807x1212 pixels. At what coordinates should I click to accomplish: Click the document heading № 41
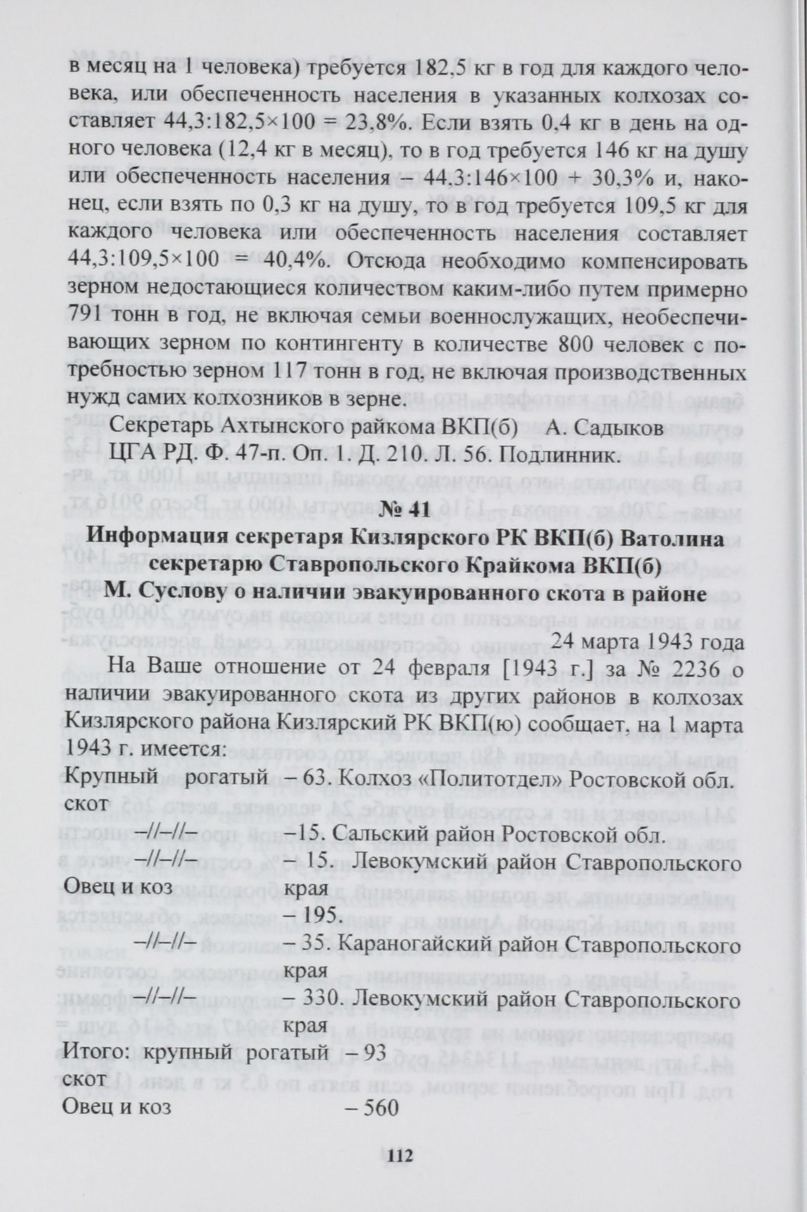tap(403, 511)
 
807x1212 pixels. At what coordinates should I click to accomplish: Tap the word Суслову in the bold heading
tap(187, 594)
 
